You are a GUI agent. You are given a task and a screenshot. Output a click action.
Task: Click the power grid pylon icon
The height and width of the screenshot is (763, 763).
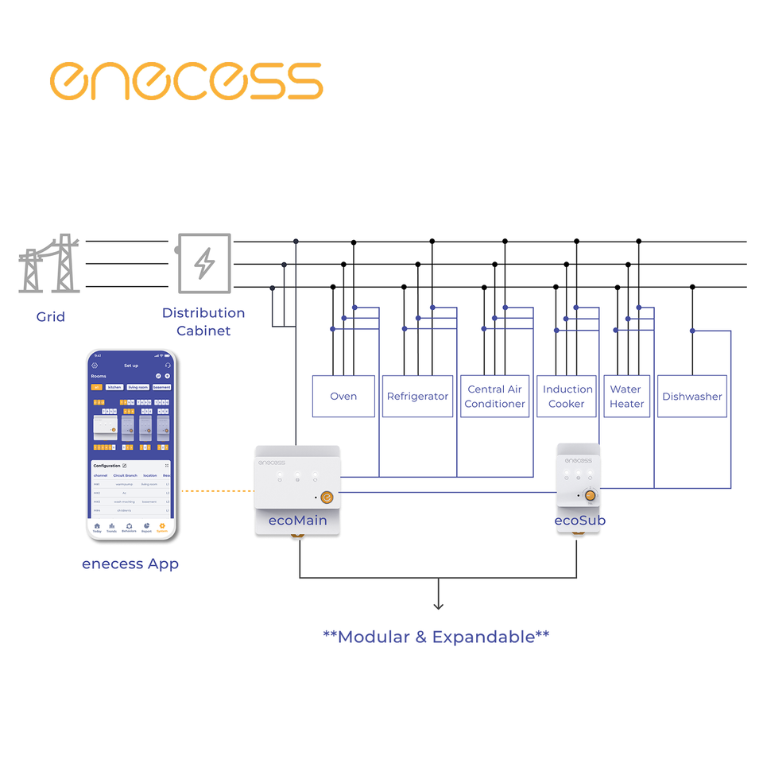coord(49,264)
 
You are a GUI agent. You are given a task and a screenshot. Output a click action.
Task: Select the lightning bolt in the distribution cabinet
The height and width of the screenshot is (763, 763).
coord(205,263)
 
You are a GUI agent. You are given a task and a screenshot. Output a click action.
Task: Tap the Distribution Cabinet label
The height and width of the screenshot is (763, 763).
coord(203,321)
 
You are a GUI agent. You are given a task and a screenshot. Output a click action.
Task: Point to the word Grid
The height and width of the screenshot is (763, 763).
coord(51,316)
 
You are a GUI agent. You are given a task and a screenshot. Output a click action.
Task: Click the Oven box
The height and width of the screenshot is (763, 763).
coord(343,396)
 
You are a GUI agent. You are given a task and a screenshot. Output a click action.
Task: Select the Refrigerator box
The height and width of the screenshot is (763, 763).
coord(417,396)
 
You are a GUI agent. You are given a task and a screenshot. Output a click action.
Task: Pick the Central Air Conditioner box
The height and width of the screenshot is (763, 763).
coord(494,396)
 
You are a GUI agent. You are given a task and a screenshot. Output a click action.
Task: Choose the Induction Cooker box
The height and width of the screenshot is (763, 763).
coord(567,396)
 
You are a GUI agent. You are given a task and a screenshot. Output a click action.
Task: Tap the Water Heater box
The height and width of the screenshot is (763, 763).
coord(626,396)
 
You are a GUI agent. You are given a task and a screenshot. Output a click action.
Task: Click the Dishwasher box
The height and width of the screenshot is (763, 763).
coord(691,396)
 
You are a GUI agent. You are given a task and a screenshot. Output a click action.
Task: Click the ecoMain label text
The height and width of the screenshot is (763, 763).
coord(297,521)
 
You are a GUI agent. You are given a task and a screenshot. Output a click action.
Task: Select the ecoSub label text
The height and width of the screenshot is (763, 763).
coord(580,521)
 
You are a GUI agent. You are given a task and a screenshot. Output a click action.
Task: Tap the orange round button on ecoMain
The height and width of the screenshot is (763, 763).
coord(326,498)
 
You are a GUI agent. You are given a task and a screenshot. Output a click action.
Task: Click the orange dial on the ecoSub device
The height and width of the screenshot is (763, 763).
coord(590,495)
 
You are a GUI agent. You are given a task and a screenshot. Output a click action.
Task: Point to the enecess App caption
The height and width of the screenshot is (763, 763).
coord(130,564)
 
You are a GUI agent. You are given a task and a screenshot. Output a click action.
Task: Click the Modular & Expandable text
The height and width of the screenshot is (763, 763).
coord(436,636)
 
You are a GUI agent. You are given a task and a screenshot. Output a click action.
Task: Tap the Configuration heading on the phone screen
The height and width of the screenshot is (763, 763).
coord(107,465)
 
